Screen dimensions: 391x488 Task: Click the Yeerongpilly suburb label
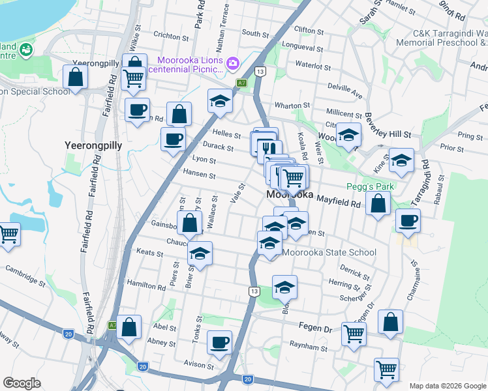[93, 145]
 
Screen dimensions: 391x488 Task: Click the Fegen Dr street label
[316, 328]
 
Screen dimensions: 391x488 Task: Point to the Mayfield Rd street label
[339, 203]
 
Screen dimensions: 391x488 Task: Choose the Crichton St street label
[171, 35]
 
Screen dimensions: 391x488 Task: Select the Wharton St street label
[292, 105]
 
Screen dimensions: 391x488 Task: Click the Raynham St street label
[309, 349]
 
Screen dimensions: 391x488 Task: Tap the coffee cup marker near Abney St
[219, 341]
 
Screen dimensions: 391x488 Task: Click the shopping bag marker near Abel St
[129, 328]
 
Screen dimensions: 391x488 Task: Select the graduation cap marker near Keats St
[200, 253]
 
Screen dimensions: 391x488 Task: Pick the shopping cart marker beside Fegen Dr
[354, 334]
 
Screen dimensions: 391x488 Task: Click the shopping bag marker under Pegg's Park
[378, 204]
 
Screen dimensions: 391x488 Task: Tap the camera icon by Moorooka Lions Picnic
[234, 63]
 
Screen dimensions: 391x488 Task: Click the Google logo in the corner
[22, 383]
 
